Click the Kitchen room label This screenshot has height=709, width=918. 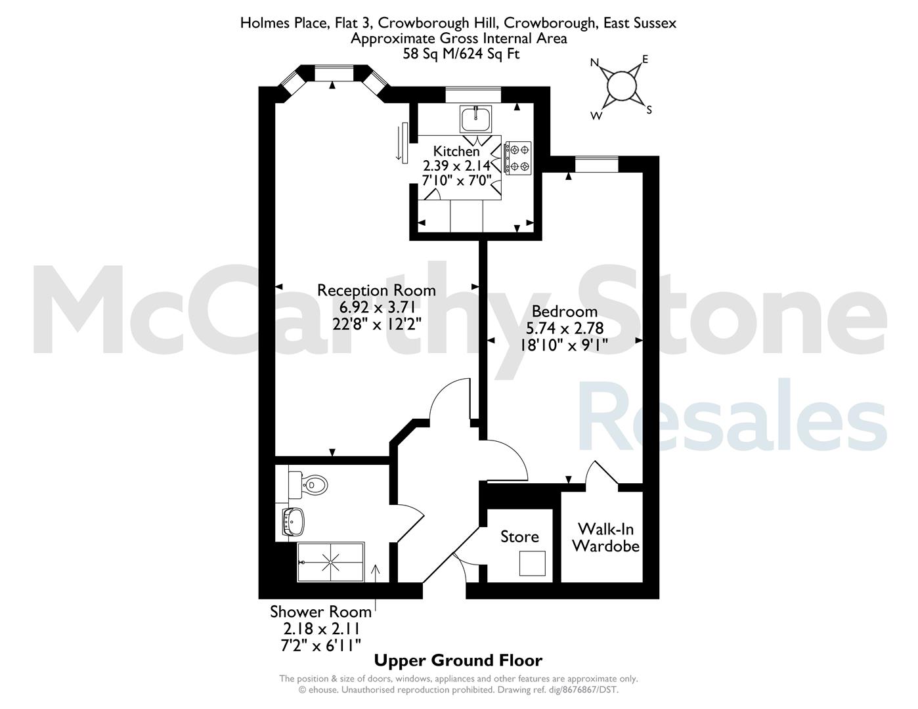456,151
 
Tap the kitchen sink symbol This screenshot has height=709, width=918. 476,119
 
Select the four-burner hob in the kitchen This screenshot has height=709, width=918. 517,158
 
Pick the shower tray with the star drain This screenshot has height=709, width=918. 331,562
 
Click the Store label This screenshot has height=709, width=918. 519,537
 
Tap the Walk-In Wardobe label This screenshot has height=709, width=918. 606,538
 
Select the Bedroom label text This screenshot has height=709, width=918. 565,312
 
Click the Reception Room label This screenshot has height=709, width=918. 376,291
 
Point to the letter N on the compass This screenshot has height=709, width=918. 595,63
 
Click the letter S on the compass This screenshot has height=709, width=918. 649,110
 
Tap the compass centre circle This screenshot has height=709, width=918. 622,86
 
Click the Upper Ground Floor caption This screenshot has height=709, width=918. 458,660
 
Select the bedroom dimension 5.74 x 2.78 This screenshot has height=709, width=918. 565,328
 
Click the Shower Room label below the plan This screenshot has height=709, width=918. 320,612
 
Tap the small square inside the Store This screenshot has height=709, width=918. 533,563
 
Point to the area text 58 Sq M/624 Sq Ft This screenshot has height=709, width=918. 461,54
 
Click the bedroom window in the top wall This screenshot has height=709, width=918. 596,164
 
